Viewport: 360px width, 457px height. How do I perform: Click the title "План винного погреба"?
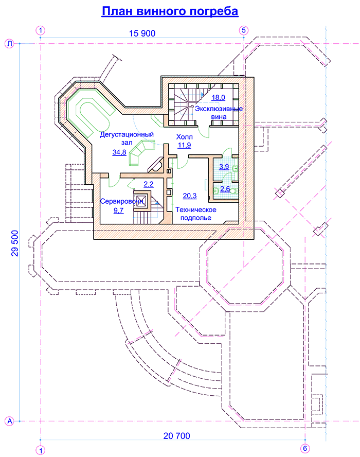coord(170,11)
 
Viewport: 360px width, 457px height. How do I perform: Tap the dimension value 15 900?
coord(142,33)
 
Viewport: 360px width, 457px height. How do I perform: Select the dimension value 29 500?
coord(14,243)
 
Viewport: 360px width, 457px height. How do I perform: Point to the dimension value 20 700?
coord(176,436)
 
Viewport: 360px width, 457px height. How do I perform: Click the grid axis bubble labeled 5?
coord(244,30)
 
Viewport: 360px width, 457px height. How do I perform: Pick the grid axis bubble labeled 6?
coord(305,448)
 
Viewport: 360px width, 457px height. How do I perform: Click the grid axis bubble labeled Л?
coord(9,44)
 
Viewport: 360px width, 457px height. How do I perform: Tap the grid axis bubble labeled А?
coord(9,421)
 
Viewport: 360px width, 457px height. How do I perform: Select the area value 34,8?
coord(119,152)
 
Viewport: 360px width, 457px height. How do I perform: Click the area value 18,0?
coord(218,97)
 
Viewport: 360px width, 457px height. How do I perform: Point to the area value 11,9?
coord(184,145)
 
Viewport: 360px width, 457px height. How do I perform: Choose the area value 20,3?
coord(190,196)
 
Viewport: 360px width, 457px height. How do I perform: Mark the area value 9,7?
coord(119,210)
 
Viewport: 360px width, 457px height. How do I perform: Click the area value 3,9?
coord(224,167)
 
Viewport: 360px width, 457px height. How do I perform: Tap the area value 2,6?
coord(225,189)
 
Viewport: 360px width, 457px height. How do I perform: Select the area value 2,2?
coord(149,184)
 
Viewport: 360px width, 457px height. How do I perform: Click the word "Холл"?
coord(184,137)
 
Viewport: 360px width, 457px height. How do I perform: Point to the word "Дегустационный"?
coord(127,135)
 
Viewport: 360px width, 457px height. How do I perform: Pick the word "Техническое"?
coord(196,210)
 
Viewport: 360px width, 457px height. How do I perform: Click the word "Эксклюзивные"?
coord(219,109)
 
